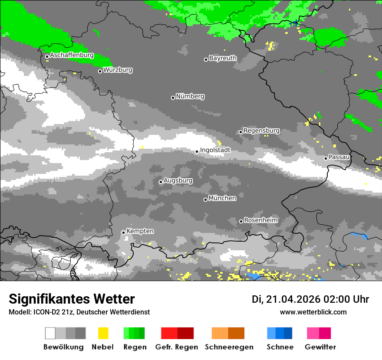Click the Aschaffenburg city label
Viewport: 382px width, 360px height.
coord(72,56)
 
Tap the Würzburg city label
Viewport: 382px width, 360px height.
coord(118,70)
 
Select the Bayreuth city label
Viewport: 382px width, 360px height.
coord(223,58)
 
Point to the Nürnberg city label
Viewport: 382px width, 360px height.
coord(190,96)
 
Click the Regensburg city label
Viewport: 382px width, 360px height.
coord(261,131)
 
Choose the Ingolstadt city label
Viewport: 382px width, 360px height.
coord(215,150)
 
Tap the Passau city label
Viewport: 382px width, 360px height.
coord(339,157)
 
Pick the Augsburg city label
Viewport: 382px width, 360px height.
coord(178,180)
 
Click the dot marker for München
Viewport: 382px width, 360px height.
coord(205,200)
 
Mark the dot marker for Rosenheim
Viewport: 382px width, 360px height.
coord(241,221)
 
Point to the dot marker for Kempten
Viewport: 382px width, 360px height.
coord(123,232)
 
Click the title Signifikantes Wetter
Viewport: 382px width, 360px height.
coord(72,299)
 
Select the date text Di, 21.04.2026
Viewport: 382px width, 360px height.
coord(286,299)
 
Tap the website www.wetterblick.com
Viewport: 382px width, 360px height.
coord(313,312)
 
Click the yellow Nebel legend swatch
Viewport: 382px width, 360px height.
coord(103,333)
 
